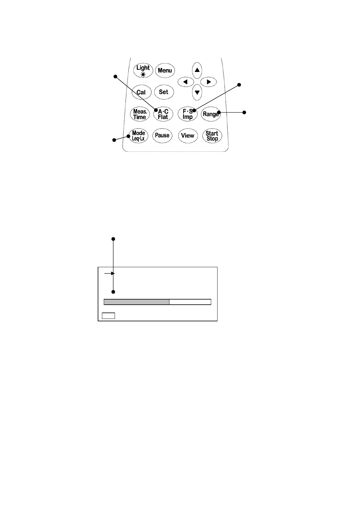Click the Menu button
[165, 70]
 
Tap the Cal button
[141, 92]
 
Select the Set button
[164, 92]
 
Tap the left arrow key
[186, 82]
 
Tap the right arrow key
[208, 82]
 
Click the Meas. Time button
[140, 114]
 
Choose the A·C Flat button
[163, 114]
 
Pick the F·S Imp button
[188, 114]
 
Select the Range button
[211, 114]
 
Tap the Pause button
[162, 135]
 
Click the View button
[188, 135]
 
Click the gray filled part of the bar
[136, 302]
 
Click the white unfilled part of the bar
[190, 302]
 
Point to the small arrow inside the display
[109, 274]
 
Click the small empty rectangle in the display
[108, 316]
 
